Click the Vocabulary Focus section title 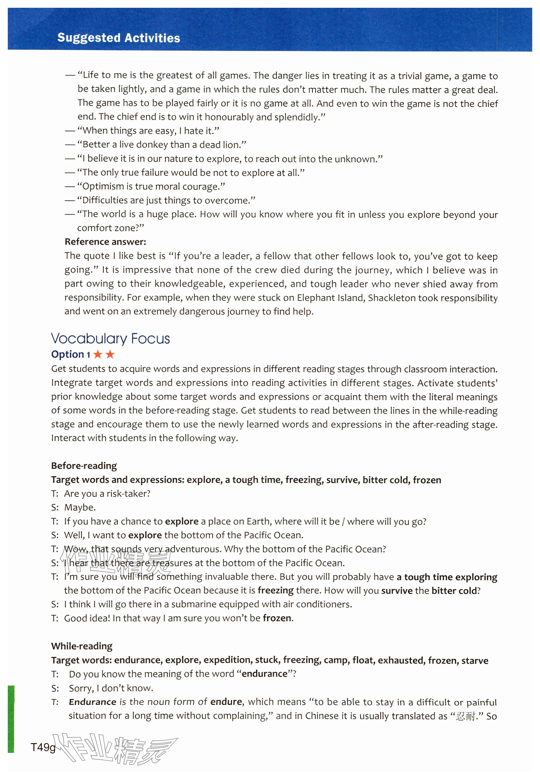pos(110,339)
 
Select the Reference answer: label pos(105,242)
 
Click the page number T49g pos(43,747)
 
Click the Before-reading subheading pos(84,466)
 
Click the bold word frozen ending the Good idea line pos(277,618)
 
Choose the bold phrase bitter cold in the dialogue pos(454,591)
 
